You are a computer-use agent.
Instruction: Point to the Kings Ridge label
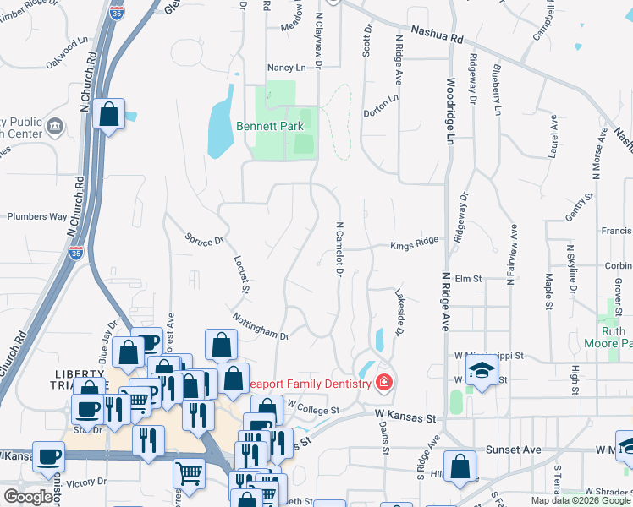click(x=415, y=242)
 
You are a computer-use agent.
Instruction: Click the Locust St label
click(x=239, y=275)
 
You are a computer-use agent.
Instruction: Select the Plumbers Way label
click(x=36, y=216)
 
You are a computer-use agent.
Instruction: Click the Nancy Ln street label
click(x=286, y=68)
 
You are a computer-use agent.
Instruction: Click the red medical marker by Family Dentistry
click(x=384, y=383)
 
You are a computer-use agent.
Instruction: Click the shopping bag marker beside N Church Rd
click(x=109, y=113)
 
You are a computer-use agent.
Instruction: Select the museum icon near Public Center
click(x=56, y=127)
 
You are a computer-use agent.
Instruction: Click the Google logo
click(x=30, y=497)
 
